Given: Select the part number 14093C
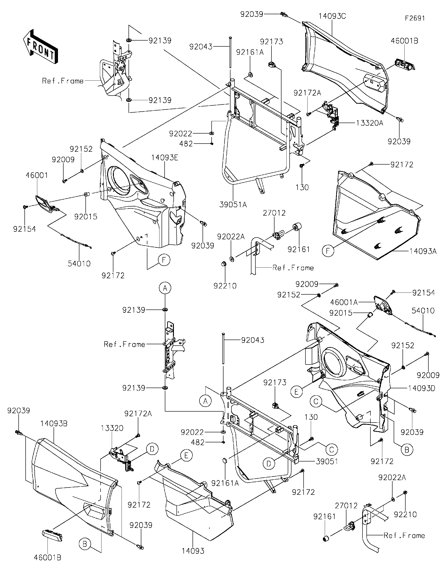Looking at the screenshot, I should [332, 16].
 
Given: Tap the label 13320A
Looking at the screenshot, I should [369, 123].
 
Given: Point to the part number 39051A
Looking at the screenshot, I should [233, 205].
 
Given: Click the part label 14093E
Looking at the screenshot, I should [164, 158].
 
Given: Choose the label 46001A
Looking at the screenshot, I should [344, 302].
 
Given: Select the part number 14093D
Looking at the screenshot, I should [422, 388].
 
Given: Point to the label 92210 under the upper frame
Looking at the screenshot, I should [225, 286].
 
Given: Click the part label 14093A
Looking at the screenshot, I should [423, 251].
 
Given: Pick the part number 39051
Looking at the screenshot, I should [327, 461].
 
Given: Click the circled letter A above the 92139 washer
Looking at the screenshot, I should [165, 288].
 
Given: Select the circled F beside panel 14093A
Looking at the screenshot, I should [328, 250].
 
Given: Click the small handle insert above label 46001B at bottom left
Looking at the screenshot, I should [53, 535].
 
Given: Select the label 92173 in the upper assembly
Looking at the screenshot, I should [271, 41].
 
